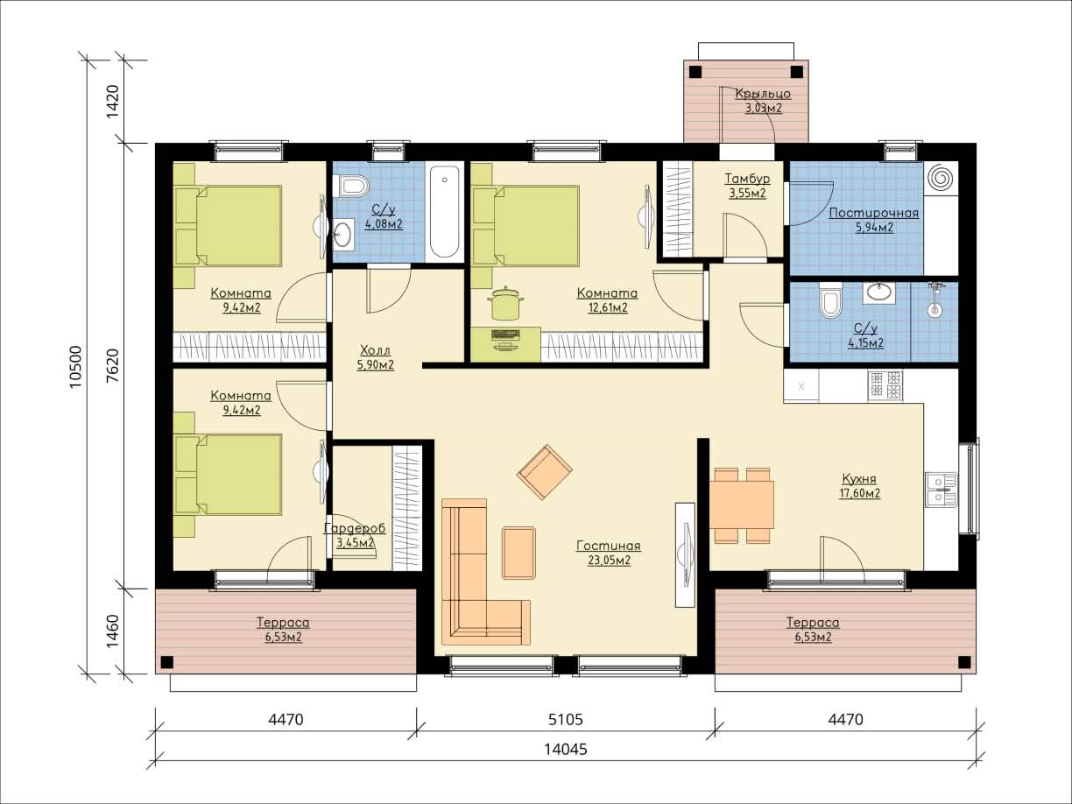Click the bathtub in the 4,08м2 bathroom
point(444,212)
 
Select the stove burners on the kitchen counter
point(885,385)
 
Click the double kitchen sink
point(941,490)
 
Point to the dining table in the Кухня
point(741,504)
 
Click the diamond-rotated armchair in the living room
point(545,471)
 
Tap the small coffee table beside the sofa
point(518,554)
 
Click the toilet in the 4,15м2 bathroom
point(831,300)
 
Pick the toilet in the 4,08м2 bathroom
point(350,186)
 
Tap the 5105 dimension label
point(566,720)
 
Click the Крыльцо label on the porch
point(764,94)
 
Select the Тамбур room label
point(747,179)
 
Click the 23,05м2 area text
point(609,560)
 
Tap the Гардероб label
point(355,528)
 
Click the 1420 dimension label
point(113,101)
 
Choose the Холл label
point(375,350)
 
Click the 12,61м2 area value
point(608,307)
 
